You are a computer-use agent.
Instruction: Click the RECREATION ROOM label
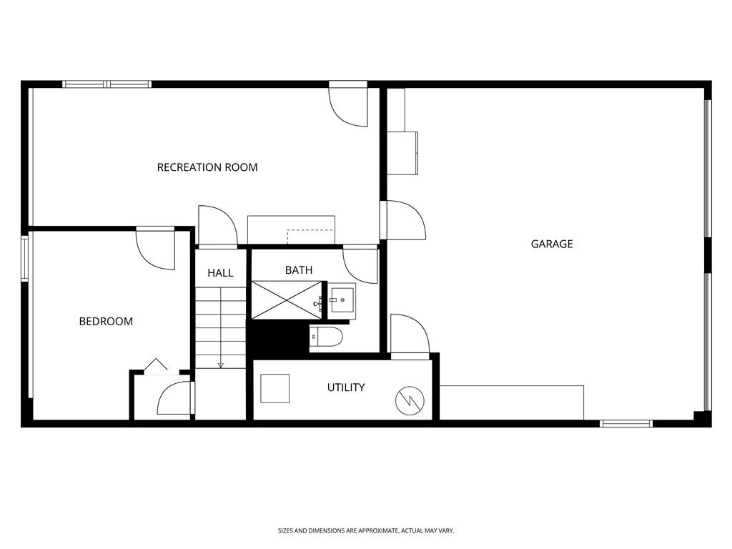pos(207,167)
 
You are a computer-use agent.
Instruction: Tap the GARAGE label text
pos(552,244)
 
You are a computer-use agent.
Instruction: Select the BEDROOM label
pos(106,322)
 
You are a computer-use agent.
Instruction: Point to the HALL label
pos(220,273)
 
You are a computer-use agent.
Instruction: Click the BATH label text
pos(299,270)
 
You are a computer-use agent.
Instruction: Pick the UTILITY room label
pos(346,387)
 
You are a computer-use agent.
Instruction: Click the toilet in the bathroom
pos(327,336)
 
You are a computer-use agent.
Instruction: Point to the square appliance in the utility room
pos(274,388)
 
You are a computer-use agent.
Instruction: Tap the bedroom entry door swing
pos(157,249)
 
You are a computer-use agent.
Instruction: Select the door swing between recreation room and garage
pos(404,219)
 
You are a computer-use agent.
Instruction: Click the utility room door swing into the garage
pos(409,334)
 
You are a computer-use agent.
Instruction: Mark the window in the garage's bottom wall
pos(626,423)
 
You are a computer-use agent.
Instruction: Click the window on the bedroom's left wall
pos(24,258)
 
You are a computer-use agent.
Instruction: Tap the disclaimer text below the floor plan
pos(366,530)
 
